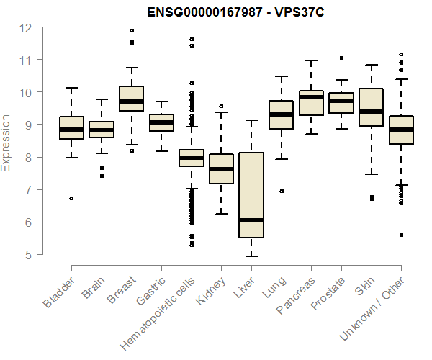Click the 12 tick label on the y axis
point(26,27)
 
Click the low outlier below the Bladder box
point(71,198)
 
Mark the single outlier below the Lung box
point(282,191)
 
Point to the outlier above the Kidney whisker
point(221,106)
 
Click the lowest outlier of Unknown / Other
point(401,235)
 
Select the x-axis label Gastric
point(148,292)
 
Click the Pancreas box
point(311,103)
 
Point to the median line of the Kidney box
point(221,169)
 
